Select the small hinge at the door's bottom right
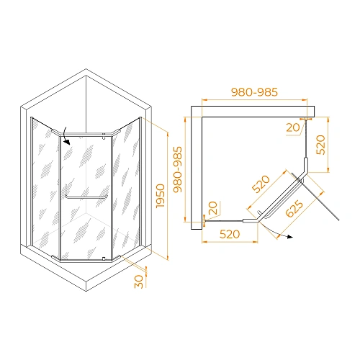pos(104,258)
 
